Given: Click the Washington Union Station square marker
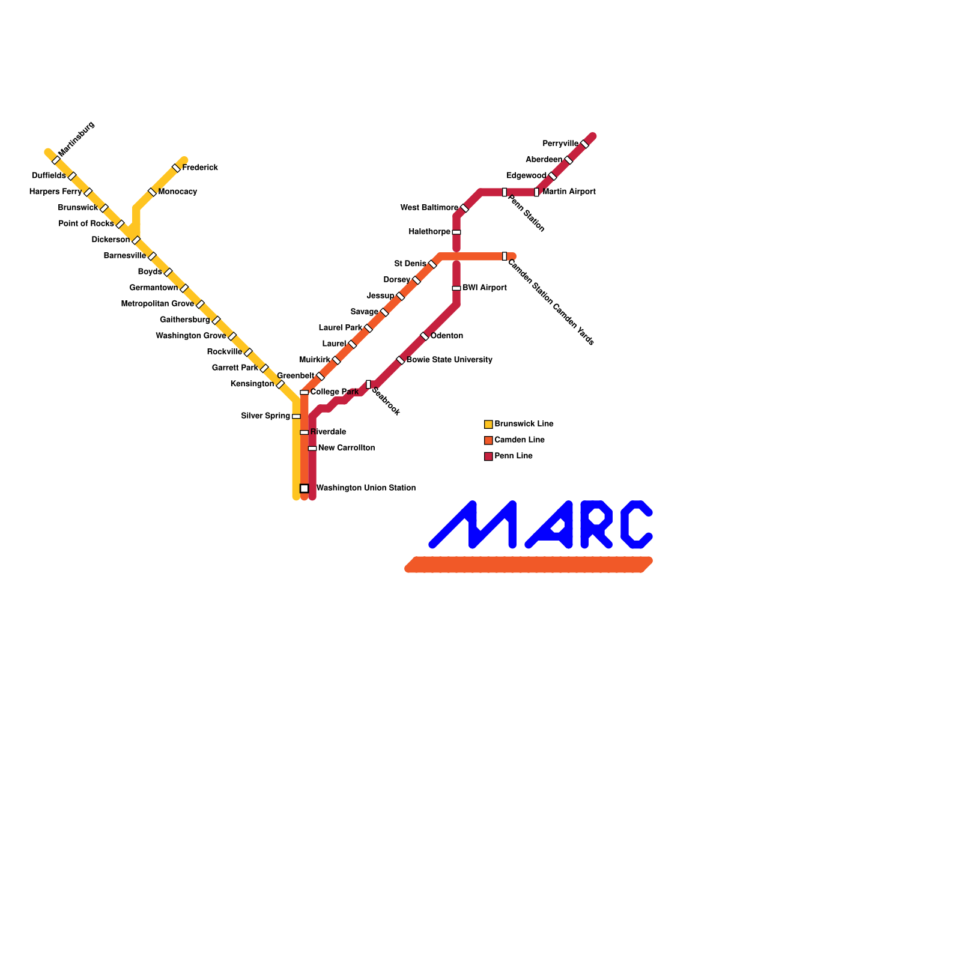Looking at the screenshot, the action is pos(305,488).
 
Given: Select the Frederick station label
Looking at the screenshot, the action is pos(200,168).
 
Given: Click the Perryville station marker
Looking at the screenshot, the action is pos(584,144).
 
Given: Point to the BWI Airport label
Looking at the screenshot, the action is pos(484,288).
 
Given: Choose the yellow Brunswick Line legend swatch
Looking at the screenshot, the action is pos(488,425).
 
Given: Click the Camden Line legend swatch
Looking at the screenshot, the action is pos(488,440).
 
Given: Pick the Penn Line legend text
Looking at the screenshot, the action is pos(513,456).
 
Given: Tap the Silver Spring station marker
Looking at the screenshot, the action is pos(296,416).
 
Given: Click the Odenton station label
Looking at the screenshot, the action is pos(446,336).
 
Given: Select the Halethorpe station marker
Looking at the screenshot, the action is pos(456,232).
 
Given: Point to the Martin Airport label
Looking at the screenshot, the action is pos(569,192).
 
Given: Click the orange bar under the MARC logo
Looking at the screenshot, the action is pos(529,565).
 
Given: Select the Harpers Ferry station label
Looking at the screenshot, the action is pos(55,192).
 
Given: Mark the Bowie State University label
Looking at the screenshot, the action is pos(449,360).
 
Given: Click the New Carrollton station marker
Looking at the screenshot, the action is pos(312,448).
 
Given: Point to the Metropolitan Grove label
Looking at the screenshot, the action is pos(157,304).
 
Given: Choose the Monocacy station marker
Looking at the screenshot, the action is pos(152,192).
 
